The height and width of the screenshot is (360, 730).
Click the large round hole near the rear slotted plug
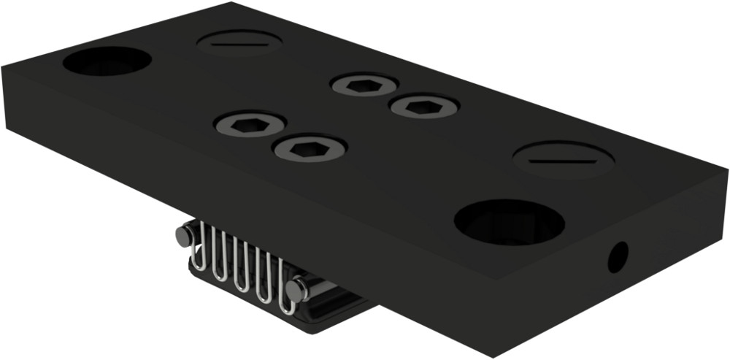(x=107, y=61)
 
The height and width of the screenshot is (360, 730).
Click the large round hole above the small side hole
(x=509, y=221)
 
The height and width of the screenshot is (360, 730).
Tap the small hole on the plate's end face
(x=618, y=257)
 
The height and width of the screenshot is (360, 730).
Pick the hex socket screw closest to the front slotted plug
(x=424, y=107)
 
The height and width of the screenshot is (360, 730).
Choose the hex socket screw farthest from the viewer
(x=364, y=85)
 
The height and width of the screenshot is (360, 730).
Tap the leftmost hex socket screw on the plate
(x=250, y=125)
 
